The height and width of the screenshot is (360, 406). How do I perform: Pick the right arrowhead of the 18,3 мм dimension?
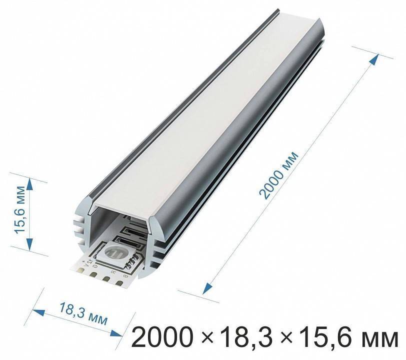pyautogui.click(x=118, y=334)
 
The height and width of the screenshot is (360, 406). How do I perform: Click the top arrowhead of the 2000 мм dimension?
pyautogui.click(x=372, y=59)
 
